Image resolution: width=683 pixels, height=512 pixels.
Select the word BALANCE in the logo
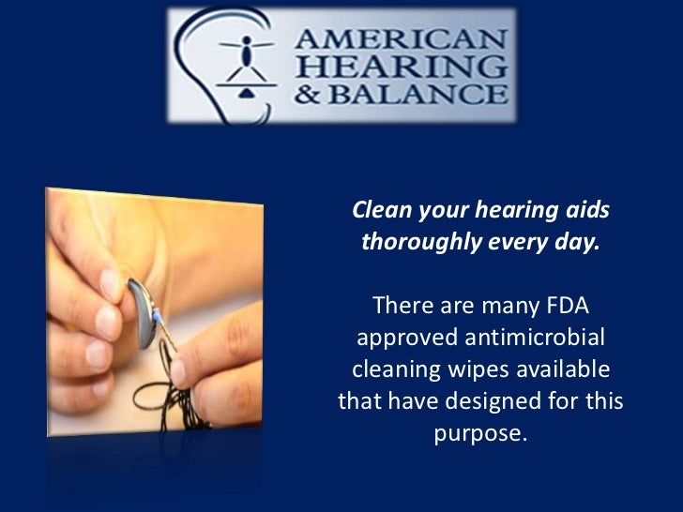click(x=433, y=94)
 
